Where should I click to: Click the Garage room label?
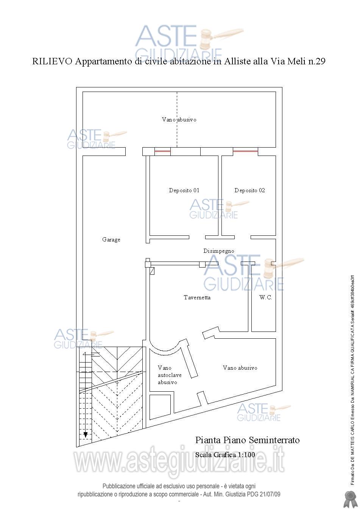(111, 240)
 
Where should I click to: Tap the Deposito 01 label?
(184, 190)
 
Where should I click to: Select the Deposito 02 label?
(250, 190)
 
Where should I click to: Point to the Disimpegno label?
(219, 251)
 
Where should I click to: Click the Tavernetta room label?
(197, 297)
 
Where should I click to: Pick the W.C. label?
(265, 297)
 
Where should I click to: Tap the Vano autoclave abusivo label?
(170, 375)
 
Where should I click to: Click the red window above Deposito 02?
(245, 151)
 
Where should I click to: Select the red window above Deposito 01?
(162, 151)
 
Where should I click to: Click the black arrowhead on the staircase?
(86, 435)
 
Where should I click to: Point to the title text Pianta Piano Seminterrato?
(248, 440)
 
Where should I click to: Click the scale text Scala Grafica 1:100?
(225, 455)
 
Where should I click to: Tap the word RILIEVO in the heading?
(52, 61)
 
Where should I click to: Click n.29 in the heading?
(316, 61)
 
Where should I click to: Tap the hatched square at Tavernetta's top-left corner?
(152, 271)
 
